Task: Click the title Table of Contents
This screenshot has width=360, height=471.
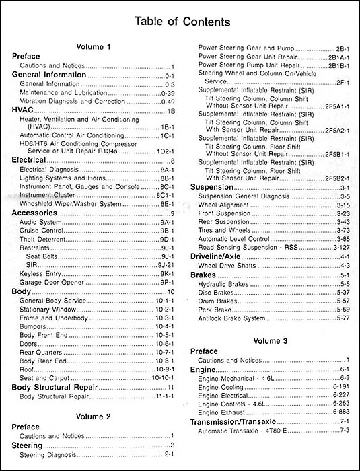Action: pyautogui.click(x=180, y=22)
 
